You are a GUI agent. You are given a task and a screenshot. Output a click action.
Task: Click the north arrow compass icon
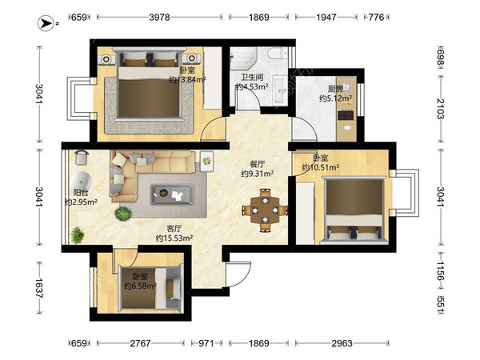[46, 23]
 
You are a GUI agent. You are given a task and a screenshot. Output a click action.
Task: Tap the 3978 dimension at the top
[159, 17]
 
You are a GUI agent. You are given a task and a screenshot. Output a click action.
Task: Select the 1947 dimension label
[326, 17]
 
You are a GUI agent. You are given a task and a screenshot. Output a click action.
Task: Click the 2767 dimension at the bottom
[140, 343]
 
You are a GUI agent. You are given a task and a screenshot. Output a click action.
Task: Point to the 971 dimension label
[206, 343]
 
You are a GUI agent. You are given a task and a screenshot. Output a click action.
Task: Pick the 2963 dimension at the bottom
[342, 343]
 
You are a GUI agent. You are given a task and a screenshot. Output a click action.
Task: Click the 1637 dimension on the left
[39, 288]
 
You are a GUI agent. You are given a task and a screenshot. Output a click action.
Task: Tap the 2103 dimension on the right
[441, 108]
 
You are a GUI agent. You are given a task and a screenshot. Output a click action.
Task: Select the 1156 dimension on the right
[441, 271]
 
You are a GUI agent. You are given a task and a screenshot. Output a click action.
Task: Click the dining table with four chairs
[265, 210]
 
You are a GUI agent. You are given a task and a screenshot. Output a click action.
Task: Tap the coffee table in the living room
[173, 194]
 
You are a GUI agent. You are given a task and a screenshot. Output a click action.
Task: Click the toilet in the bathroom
[277, 53]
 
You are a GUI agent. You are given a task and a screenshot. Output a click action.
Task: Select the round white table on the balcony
[81, 182]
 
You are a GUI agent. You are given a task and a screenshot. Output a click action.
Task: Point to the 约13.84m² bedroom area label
[187, 80]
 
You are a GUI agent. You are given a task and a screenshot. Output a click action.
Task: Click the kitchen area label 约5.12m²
[335, 98]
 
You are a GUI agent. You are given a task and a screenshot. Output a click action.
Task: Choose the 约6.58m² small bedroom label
[140, 286]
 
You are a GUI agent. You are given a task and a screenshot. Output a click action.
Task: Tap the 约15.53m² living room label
[174, 238]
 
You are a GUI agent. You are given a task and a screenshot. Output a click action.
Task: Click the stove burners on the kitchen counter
[346, 115]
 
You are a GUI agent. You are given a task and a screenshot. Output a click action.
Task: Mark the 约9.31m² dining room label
[257, 174]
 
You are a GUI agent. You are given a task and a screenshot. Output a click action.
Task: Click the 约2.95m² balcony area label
[81, 202]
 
